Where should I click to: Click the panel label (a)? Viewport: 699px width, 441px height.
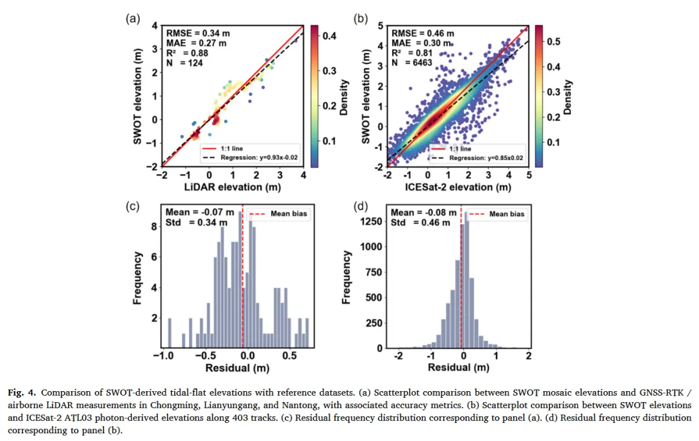[132, 18]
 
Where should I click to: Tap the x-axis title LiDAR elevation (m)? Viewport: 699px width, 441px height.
[232, 187]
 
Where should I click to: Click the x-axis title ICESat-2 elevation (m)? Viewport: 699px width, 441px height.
[458, 187]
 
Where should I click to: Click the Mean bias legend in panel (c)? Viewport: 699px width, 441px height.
[277, 215]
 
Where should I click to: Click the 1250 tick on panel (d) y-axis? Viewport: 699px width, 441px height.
[372, 221]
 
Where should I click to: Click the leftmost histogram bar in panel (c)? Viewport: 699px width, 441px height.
[170, 333]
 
